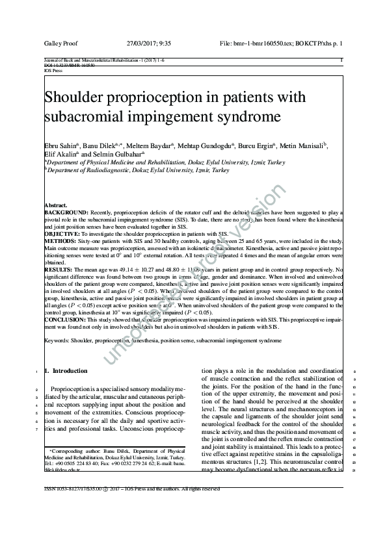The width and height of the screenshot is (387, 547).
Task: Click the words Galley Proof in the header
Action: pyautogui.click(x=60, y=43)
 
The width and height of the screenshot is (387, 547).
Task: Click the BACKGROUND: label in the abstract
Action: pyautogui.click(x=66, y=212)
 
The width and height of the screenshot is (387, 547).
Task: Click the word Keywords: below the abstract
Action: pyautogui.click(x=57, y=340)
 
